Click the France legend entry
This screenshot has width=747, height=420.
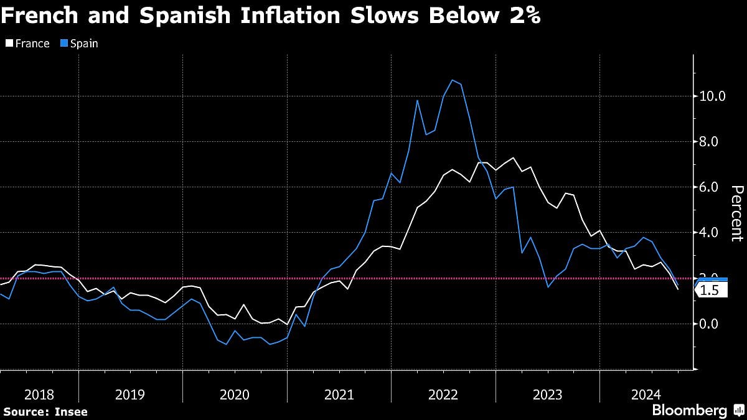point(28,44)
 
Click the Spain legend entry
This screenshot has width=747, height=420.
point(79,44)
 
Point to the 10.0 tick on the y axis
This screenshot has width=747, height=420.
point(713,96)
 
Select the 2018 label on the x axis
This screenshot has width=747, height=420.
point(39,394)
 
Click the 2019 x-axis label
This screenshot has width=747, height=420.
point(130,394)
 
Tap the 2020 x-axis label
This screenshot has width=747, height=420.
point(235,394)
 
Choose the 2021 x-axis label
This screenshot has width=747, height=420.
point(339,394)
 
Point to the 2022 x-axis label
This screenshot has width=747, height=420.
point(443,394)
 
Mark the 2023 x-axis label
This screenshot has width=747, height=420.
point(548,394)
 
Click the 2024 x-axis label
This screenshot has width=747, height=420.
point(647,394)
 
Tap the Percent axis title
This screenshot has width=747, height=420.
point(736,213)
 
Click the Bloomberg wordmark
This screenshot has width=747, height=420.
point(689,411)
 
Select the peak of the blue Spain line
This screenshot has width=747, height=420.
point(453,80)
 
